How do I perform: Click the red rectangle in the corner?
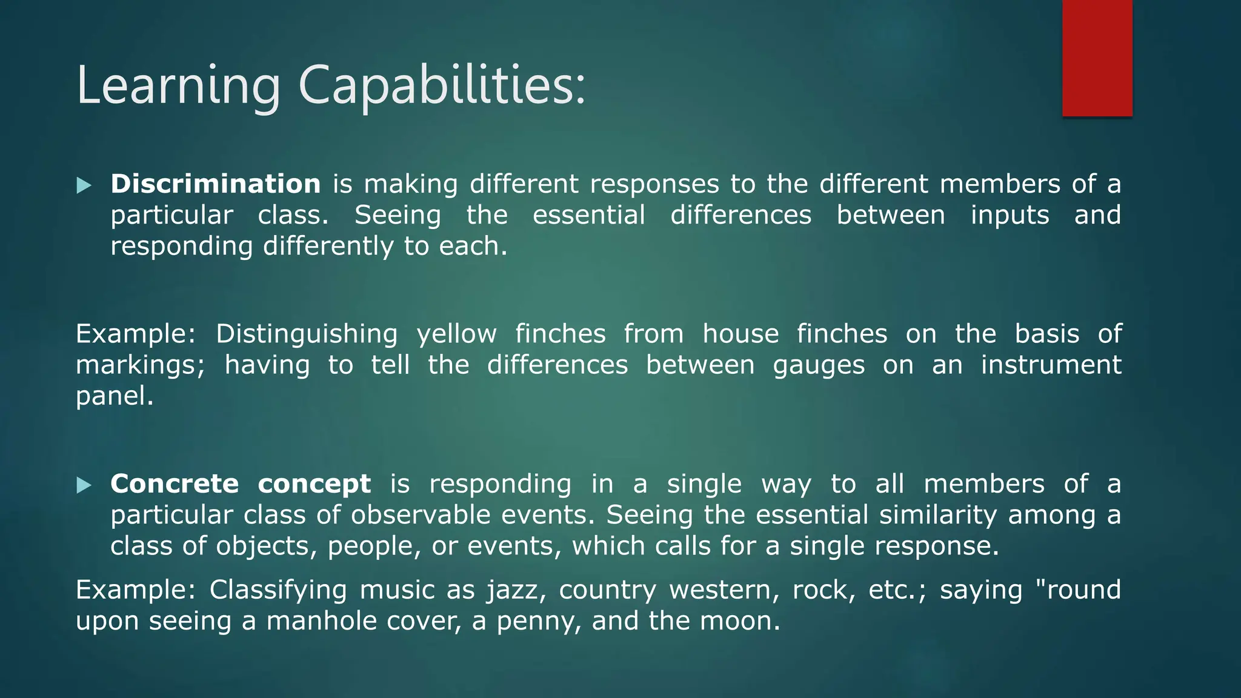pyautogui.click(x=1097, y=58)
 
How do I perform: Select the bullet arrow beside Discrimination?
pyautogui.click(x=84, y=185)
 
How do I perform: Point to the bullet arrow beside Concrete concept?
pyautogui.click(x=84, y=485)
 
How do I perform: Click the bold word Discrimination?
pyautogui.click(x=215, y=184)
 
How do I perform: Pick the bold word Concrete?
pyautogui.click(x=175, y=484)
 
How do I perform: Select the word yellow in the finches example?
pyautogui.click(x=456, y=334)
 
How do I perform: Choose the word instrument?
pyautogui.click(x=1051, y=365)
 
